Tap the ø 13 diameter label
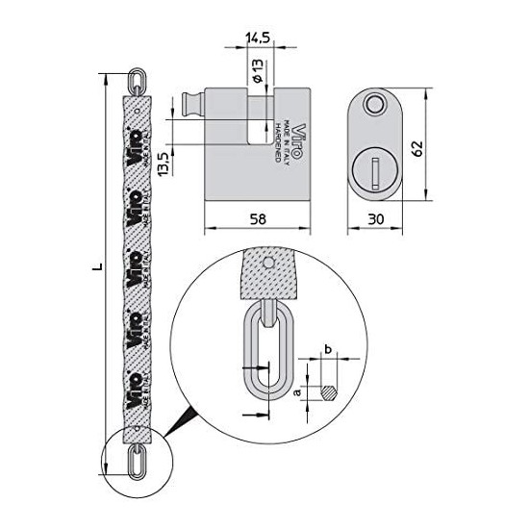click(x=257, y=73)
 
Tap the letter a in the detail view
click(x=298, y=393)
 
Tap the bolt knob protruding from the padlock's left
click(x=188, y=104)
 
